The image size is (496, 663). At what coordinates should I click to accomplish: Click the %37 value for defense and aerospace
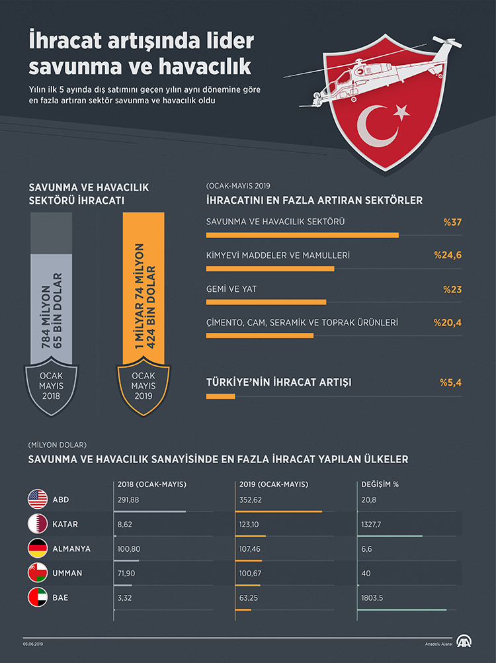click(452, 221)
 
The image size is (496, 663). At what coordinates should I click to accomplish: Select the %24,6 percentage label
click(448, 255)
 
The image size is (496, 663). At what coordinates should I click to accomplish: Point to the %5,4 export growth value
click(450, 382)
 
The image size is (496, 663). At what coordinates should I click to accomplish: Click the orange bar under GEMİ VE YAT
click(266, 302)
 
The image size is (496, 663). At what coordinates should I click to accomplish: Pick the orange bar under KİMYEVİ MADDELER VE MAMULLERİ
click(270, 268)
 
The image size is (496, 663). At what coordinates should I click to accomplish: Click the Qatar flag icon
click(37, 524)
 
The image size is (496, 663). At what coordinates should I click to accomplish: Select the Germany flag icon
click(37, 549)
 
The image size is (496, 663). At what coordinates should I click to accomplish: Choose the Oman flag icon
click(37, 573)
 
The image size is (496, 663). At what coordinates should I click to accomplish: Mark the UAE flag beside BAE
click(37, 597)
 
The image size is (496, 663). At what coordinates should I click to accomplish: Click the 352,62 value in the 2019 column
click(249, 500)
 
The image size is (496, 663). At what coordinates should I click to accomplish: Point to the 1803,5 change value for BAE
click(372, 597)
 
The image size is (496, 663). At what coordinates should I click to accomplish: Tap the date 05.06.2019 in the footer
click(34, 644)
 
